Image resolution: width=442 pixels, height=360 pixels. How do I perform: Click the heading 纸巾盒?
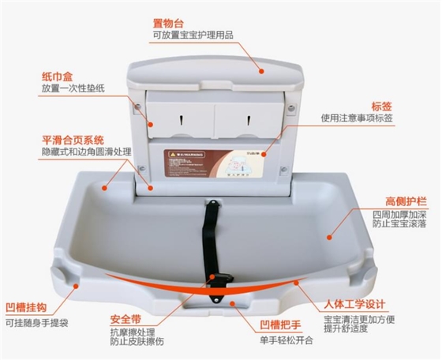pyautogui.click(x=58, y=77)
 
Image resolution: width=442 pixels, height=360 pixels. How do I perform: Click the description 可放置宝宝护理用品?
pyautogui.click(x=193, y=36)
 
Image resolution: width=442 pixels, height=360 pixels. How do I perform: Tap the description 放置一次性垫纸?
pyautogui.click(x=74, y=88)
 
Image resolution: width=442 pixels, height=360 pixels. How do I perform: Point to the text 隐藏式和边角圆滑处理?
pyautogui.click(x=86, y=152)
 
